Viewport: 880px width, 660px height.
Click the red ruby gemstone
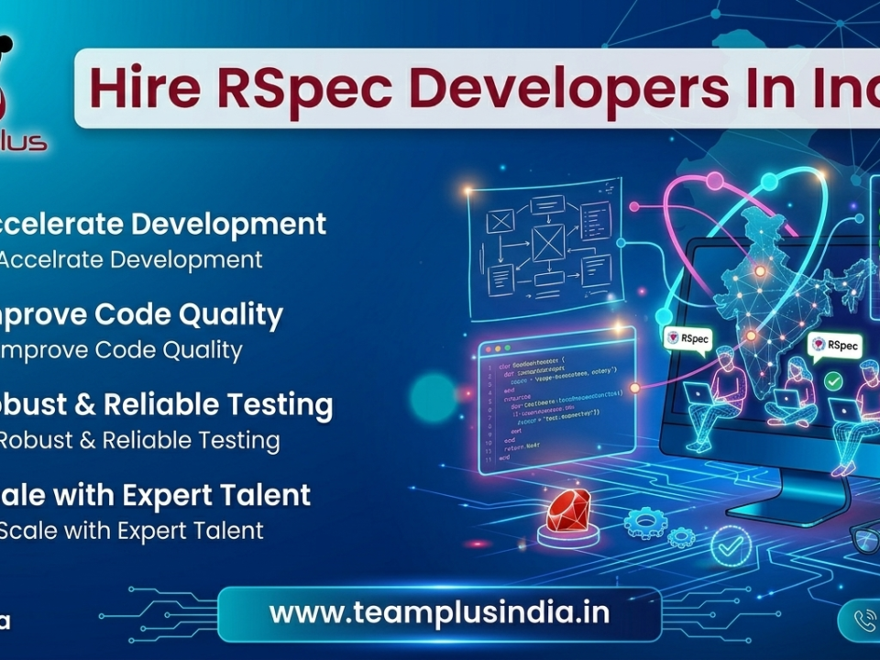pyautogui.click(x=567, y=510)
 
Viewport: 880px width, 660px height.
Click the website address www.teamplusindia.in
pyautogui.click(x=439, y=612)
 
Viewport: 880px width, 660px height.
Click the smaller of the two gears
pyautogui.click(x=680, y=537)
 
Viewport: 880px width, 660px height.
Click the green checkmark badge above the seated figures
pyautogui.click(x=833, y=379)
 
